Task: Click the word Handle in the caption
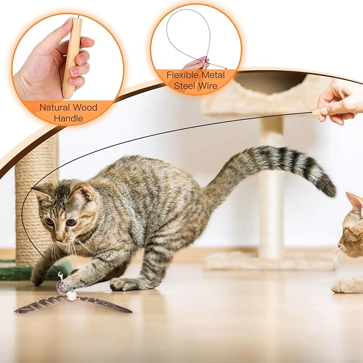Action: coord(68,118)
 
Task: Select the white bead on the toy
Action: coord(71,296)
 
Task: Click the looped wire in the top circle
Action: coord(187,32)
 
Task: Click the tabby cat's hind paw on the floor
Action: coord(125,284)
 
